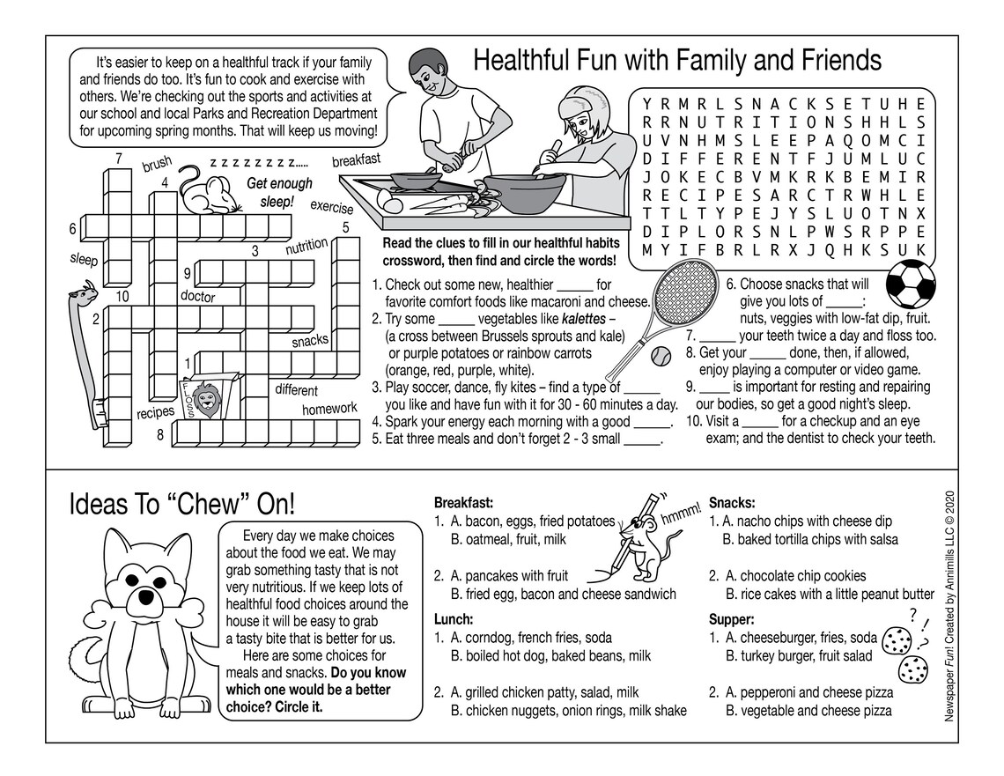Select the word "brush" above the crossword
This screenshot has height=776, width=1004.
tap(157, 165)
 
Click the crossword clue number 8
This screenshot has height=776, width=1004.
tap(160, 434)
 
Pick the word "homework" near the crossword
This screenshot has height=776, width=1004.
tap(329, 408)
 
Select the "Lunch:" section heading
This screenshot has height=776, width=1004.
tap(454, 618)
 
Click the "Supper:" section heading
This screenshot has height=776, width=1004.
tap(731, 618)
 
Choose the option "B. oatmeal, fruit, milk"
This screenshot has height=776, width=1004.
tap(508, 538)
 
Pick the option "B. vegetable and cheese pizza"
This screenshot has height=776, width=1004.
tap(808, 710)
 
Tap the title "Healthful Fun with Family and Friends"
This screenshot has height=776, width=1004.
tap(677, 60)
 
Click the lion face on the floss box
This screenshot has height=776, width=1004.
tap(207, 401)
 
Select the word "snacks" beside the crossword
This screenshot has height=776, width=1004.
tap(310, 340)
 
